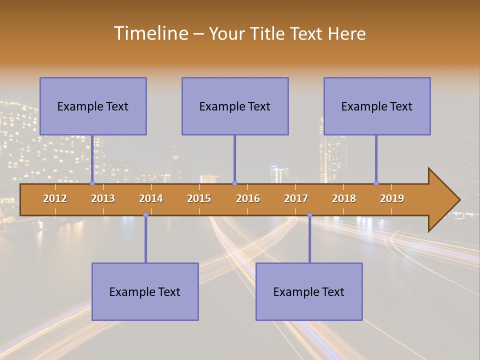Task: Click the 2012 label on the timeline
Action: [55, 198]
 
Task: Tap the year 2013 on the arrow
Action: [103, 198]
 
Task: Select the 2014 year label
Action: [151, 198]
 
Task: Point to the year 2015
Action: [199, 198]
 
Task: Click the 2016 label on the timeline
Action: [248, 198]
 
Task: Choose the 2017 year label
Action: [296, 198]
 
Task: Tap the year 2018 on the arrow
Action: [344, 198]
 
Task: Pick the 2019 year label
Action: [392, 198]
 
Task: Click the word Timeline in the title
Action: [150, 33]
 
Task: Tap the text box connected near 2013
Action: [93, 106]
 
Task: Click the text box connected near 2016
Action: [235, 106]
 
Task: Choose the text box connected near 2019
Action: [377, 106]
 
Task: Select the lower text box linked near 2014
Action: [145, 291]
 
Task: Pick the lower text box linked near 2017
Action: [309, 291]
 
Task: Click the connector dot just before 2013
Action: [92, 183]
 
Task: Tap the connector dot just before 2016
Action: [234, 183]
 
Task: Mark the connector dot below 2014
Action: [145, 215]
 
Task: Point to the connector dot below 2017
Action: [309, 215]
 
